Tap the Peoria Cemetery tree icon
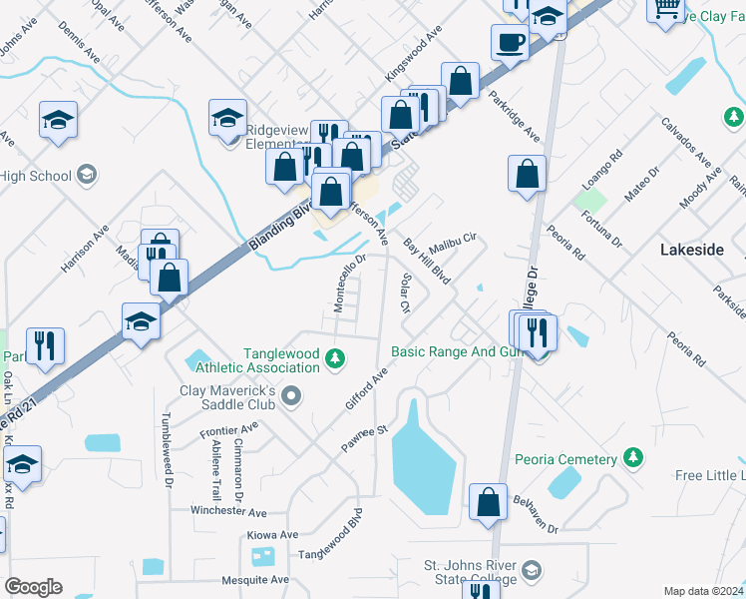632,458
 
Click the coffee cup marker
511,42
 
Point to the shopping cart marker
665,8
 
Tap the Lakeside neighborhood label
692,251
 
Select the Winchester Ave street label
230,511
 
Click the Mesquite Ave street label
254,579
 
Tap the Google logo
33,587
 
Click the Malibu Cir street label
454,241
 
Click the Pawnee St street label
366,433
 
